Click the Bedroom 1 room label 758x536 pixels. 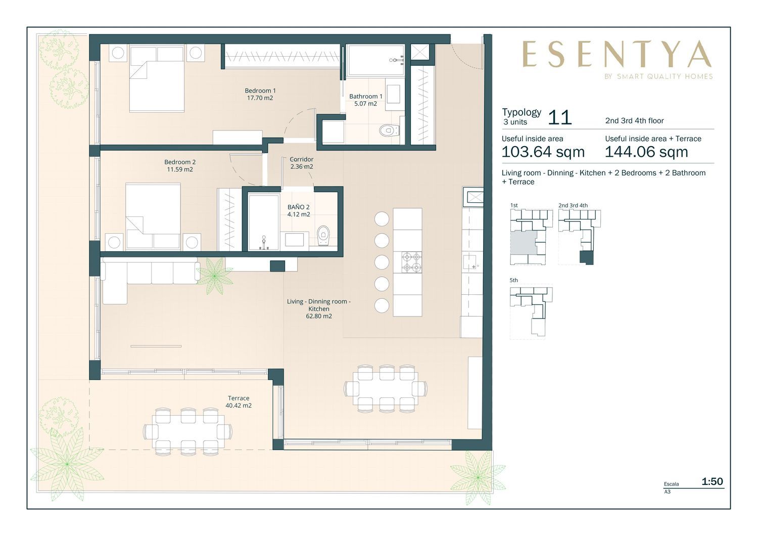[260, 95]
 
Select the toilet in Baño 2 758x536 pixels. [323, 236]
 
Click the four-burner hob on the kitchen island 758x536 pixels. [411, 262]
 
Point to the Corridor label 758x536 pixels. [302, 163]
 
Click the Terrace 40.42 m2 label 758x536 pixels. [239, 402]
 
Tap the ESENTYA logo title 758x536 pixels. [617, 54]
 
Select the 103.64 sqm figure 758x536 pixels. [543, 152]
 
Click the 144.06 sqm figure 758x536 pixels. [646, 152]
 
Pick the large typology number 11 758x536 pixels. [560, 118]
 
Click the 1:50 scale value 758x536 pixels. [713, 481]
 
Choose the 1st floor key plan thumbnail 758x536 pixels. [531, 237]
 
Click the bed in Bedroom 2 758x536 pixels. [153, 216]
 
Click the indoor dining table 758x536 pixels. [386, 388]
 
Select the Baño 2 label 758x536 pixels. [299, 211]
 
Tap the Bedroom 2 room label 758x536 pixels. [180, 165]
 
